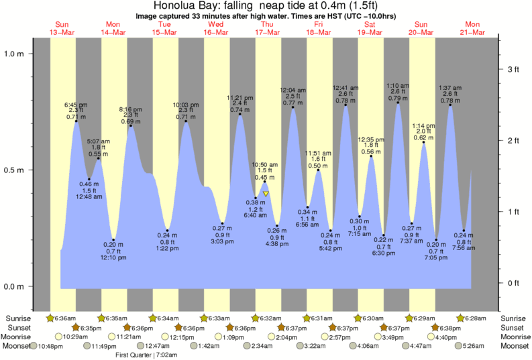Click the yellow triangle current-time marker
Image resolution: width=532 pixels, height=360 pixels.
click(266, 194)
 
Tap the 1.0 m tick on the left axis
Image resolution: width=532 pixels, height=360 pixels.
click(15, 54)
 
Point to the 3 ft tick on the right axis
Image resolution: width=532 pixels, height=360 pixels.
click(513, 69)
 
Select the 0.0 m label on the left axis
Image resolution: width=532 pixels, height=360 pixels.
click(15, 286)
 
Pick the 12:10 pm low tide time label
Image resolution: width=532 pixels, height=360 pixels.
click(113, 257)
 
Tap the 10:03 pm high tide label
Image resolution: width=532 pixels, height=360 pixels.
click(186, 105)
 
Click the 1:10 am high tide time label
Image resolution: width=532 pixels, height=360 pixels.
click(398, 86)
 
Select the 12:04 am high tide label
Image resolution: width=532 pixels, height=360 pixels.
click(292, 89)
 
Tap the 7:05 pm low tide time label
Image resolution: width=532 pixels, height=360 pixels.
click(436, 257)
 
